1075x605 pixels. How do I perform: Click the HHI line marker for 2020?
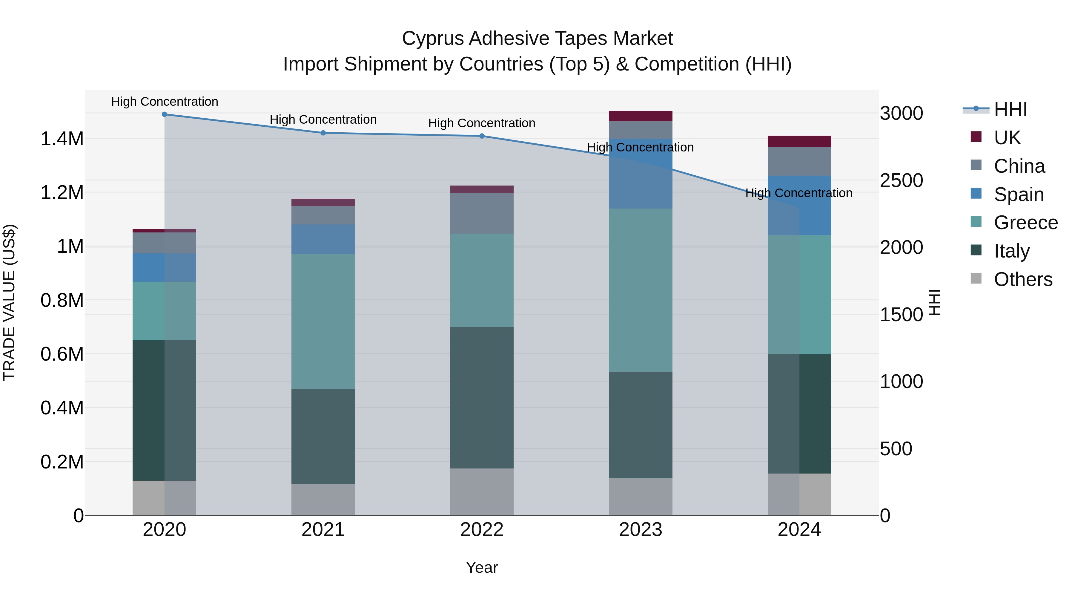[x=165, y=114]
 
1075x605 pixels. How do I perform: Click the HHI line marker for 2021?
[x=323, y=133]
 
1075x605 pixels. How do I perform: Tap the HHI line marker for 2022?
[x=482, y=136]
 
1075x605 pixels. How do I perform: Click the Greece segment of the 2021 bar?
[x=323, y=321]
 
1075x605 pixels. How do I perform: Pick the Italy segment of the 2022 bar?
[x=482, y=397]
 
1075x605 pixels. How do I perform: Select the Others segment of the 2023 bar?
[x=640, y=497]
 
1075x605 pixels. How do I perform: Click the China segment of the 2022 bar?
[x=482, y=213]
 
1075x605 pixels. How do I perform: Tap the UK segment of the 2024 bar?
[x=799, y=141]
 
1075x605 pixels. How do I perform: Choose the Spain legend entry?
[x=1018, y=194]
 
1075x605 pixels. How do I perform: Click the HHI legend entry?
[x=1010, y=109]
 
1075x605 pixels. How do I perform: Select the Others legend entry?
[x=1022, y=279]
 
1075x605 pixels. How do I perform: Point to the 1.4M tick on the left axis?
[x=62, y=139]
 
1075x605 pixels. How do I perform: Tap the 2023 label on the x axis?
[x=640, y=529]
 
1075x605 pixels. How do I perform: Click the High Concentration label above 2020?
[x=165, y=102]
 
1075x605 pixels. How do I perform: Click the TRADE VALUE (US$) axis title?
[x=9, y=302]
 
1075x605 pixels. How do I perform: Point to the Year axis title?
[x=482, y=567]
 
